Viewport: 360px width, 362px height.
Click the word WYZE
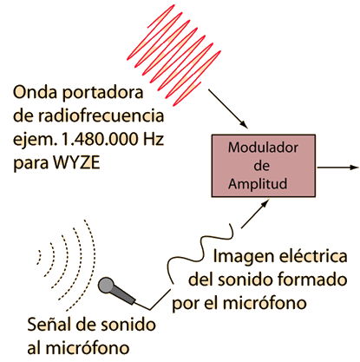pyautogui.click(x=76, y=162)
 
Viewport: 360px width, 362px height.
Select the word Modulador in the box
pyautogui.click(x=263, y=148)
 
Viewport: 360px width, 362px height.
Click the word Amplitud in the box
pyautogui.click(x=258, y=184)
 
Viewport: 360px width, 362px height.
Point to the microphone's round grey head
pyautogui.click(x=106, y=286)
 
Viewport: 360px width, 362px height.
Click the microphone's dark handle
pyautogui.click(x=124, y=294)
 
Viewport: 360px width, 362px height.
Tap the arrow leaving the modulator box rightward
pyautogui.click(x=337, y=168)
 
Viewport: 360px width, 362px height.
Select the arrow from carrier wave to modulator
pyautogui.click(x=228, y=109)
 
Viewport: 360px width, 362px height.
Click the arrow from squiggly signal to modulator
pyautogui.click(x=255, y=214)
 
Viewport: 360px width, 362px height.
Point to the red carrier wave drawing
pyautogui.click(x=173, y=55)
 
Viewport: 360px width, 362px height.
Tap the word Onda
pyautogui.click(x=35, y=93)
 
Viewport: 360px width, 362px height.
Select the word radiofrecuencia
pyautogui.click(x=101, y=115)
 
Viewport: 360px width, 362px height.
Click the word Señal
pyautogui.click(x=47, y=325)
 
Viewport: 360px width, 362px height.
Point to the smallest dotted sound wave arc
pyautogui.click(x=40, y=257)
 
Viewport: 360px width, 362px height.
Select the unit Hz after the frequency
pyautogui.click(x=154, y=139)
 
